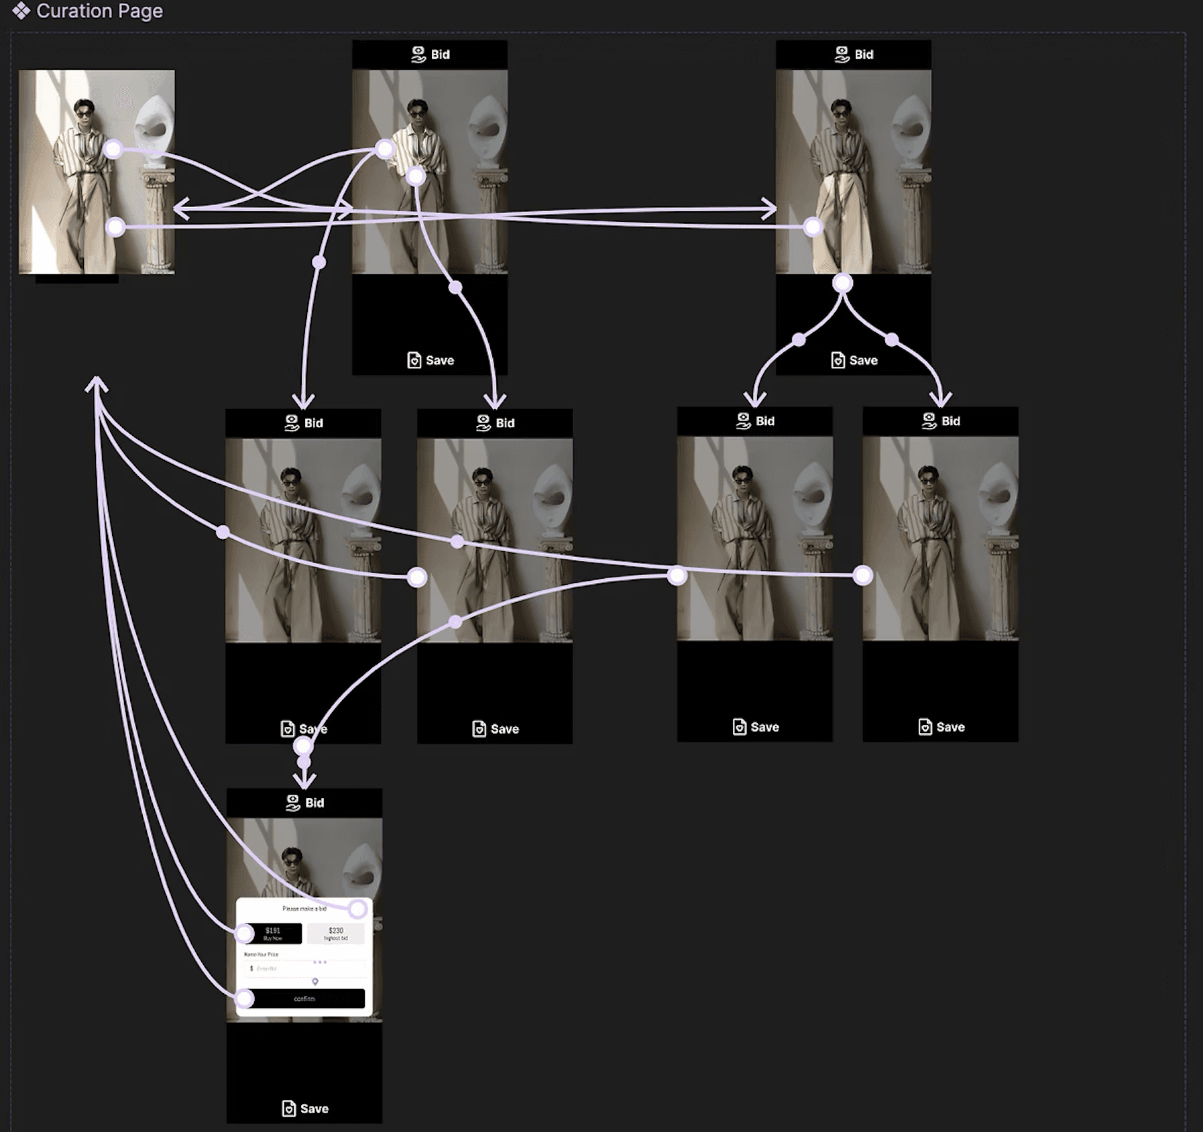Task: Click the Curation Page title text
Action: click(x=99, y=11)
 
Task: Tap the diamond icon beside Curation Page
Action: click(x=21, y=11)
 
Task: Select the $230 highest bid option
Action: click(x=335, y=933)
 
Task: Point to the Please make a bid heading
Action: click(x=304, y=909)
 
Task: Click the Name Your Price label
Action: click(x=261, y=954)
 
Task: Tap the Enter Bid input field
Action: click(x=282, y=968)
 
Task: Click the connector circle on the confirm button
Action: click(x=245, y=999)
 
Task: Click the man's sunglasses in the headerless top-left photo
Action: click(x=84, y=114)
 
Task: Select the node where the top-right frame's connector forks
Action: click(x=843, y=283)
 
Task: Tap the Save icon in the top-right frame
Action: click(x=838, y=360)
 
